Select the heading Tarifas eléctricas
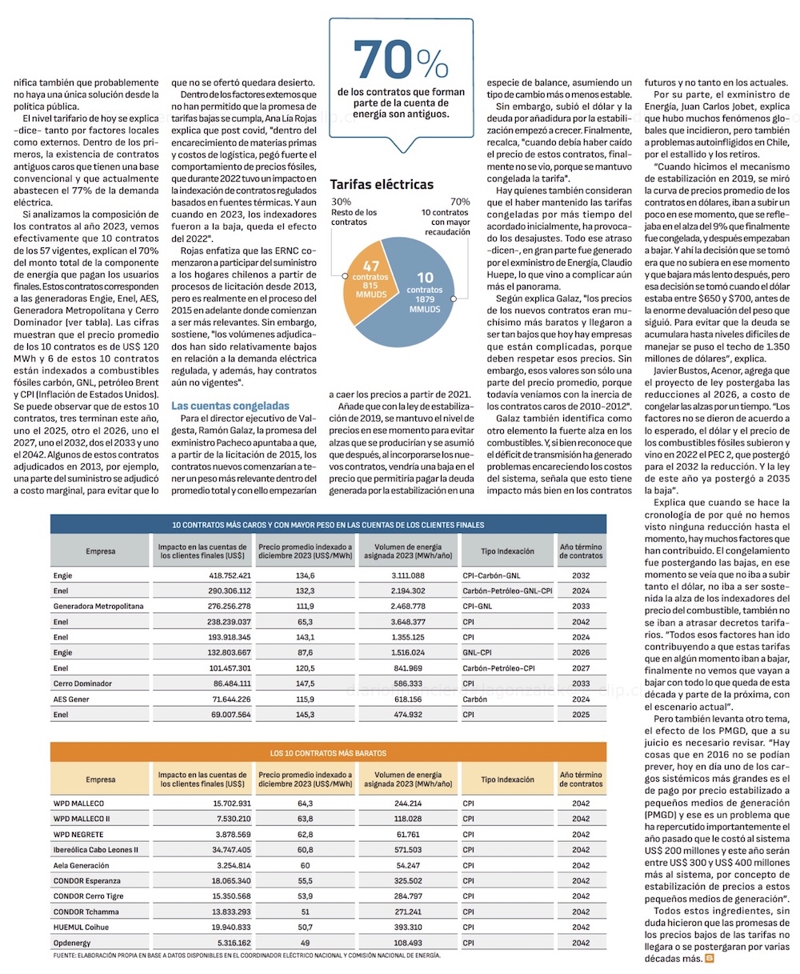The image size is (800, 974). [382, 184]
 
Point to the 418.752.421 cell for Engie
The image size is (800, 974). [230, 575]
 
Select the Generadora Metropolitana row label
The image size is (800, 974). [98, 606]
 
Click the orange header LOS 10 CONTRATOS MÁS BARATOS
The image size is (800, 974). [328, 753]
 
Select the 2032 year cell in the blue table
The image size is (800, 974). [581, 575]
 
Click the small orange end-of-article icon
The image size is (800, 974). [709, 958]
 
